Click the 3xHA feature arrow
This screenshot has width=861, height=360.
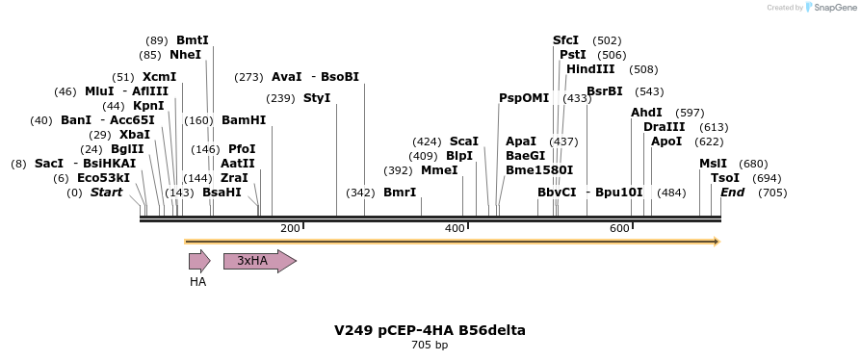pyautogui.click(x=259, y=261)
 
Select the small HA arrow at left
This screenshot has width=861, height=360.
pyautogui.click(x=198, y=261)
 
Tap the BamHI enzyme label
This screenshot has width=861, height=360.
pyautogui.click(x=244, y=120)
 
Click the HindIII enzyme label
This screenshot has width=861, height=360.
pyautogui.click(x=590, y=69)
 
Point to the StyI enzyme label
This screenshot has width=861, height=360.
pyautogui.click(x=317, y=98)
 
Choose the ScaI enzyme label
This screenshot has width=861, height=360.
pyautogui.click(x=464, y=141)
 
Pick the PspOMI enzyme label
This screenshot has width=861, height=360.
pyautogui.click(x=523, y=98)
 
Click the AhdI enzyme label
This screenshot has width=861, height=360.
pyautogui.click(x=646, y=113)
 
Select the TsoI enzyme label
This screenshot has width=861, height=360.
pyautogui.click(x=725, y=178)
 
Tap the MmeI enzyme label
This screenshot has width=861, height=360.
pyautogui.click(x=439, y=169)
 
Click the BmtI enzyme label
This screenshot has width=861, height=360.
pyautogui.click(x=193, y=40)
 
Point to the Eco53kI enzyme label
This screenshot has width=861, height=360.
pyautogui.click(x=103, y=178)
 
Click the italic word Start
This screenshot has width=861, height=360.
pyautogui.click(x=107, y=193)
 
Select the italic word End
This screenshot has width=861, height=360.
pyautogui.click(x=733, y=193)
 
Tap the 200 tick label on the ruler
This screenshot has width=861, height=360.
pyautogui.click(x=290, y=228)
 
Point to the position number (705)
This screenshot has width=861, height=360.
pyautogui.click(x=772, y=193)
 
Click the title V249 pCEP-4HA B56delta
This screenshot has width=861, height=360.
pyautogui.click(x=430, y=330)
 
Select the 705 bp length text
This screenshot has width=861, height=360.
pyautogui.click(x=430, y=345)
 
